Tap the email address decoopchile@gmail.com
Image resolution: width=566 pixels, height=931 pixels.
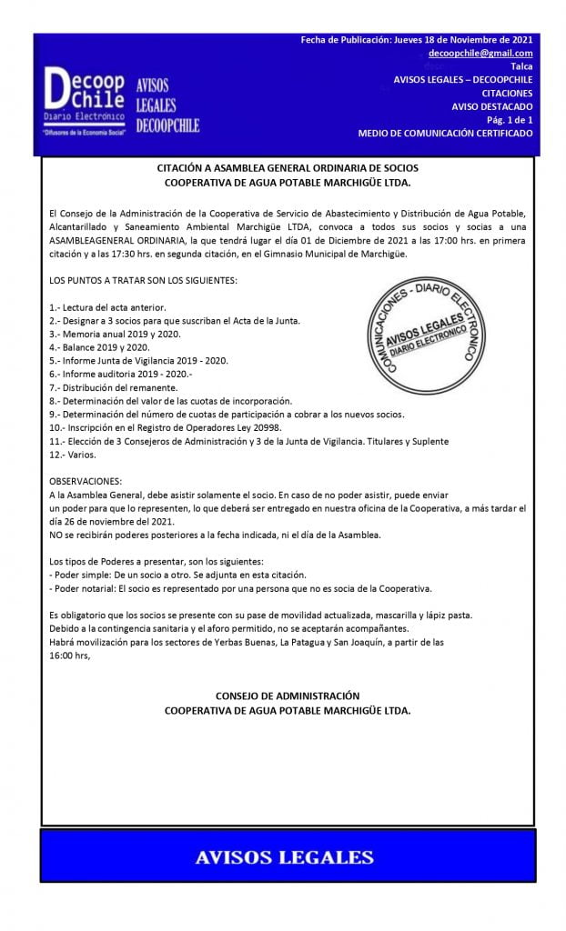480,54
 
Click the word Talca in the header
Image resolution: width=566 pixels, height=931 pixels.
521,66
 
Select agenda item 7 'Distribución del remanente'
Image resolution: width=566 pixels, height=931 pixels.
114,386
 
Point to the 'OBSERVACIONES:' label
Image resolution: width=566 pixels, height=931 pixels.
88,480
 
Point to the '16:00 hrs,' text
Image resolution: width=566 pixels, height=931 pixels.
70,654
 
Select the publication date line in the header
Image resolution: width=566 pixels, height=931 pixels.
417,40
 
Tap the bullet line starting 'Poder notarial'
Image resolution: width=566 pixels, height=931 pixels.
240,588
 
